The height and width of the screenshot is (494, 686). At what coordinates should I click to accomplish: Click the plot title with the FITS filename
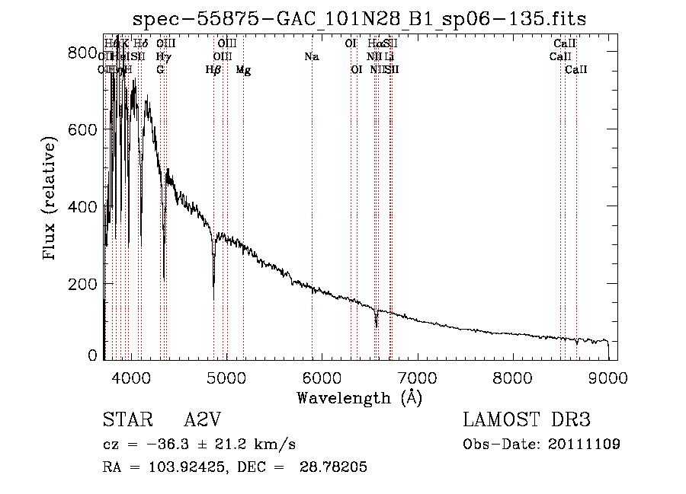pos(359,19)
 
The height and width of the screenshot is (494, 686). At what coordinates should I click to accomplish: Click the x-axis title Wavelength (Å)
pos(359,398)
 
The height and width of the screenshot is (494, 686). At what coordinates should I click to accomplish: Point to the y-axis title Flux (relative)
pos(50,199)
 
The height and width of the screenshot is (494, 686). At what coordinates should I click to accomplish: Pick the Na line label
pos(311,56)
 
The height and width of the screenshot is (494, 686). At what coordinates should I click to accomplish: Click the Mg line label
pos(243,70)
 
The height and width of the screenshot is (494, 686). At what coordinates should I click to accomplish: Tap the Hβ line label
pos(213,70)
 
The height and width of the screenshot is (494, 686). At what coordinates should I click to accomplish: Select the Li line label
pos(389,56)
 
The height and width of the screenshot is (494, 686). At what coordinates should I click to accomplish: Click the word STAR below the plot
pos(124,420)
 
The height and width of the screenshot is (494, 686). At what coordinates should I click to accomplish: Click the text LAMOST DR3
pos(526,420)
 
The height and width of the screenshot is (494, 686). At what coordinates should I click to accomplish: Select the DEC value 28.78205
pos(338,467)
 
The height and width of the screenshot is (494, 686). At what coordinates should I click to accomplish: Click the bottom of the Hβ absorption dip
pos(213,285)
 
